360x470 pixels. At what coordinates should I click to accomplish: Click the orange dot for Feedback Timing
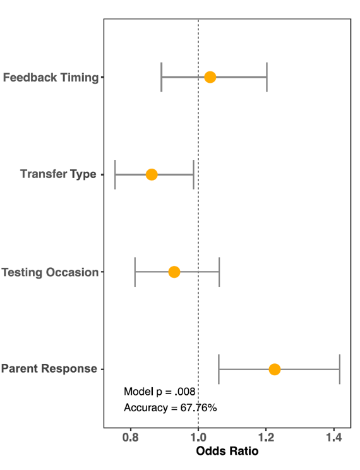[210, 77]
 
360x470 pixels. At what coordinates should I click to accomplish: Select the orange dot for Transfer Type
[152, 174]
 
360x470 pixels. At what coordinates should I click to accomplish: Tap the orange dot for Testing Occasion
[174, 272]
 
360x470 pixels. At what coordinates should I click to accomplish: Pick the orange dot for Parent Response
[275, 370]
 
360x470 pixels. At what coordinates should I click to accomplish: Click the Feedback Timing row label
[51, 77]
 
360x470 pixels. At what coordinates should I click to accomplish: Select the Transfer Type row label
[58, 174]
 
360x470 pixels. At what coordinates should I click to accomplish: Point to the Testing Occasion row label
[50, 272]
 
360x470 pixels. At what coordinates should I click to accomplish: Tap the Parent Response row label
[49, 369]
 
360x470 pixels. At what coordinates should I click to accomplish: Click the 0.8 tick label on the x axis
[131, 437]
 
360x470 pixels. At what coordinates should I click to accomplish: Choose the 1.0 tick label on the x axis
[198, 437]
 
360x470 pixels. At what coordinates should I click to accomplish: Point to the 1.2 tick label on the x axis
[266, 437]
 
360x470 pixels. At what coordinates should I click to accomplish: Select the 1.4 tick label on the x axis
[333, 437]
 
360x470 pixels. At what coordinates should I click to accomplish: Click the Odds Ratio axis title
[227, 451]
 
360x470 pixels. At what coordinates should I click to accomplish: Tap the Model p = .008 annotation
[159, 392]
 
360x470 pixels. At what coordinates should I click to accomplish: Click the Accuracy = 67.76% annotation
[171, 407]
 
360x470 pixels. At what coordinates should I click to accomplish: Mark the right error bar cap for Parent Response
[340, 370]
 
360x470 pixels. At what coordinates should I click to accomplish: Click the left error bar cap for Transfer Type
[115, 174]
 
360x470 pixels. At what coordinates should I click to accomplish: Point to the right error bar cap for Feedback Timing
[267, 77]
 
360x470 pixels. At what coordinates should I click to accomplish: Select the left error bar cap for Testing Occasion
[135, 272]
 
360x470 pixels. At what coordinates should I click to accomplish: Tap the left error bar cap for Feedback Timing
[162, 77]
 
